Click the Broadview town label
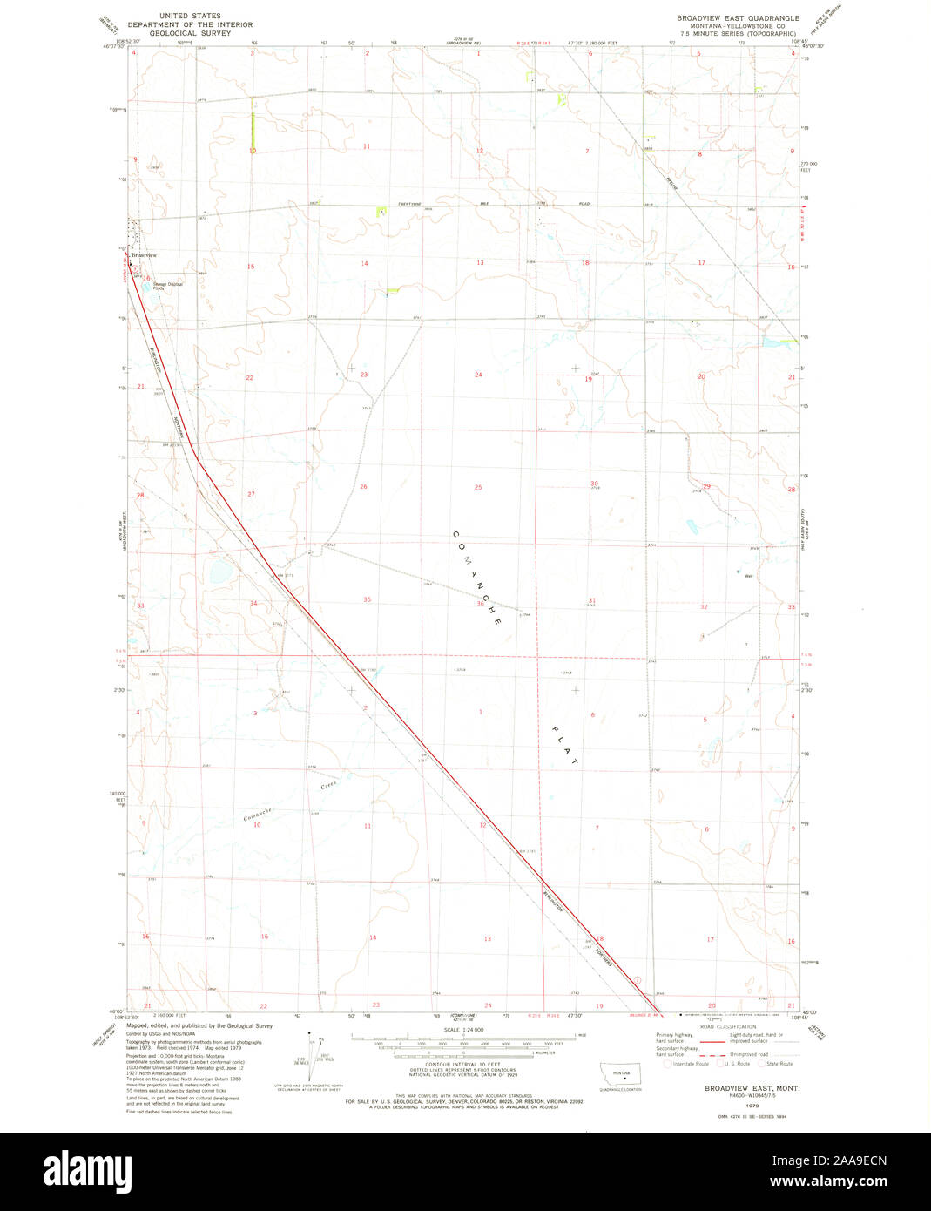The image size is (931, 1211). tap(145, 255)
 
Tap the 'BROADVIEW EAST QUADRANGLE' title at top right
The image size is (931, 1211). tap(738, 17)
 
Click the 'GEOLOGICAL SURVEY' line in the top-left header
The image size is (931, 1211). tap(190, 33)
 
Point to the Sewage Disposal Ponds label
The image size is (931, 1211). tap(167, 284)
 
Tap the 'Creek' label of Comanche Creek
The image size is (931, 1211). tap(328, 786)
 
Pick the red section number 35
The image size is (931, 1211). tap(367, 599)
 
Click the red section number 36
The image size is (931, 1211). tap(480, 603)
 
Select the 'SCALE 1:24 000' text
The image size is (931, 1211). tap(463, 1030)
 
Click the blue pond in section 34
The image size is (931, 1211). tap(217, 572)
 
